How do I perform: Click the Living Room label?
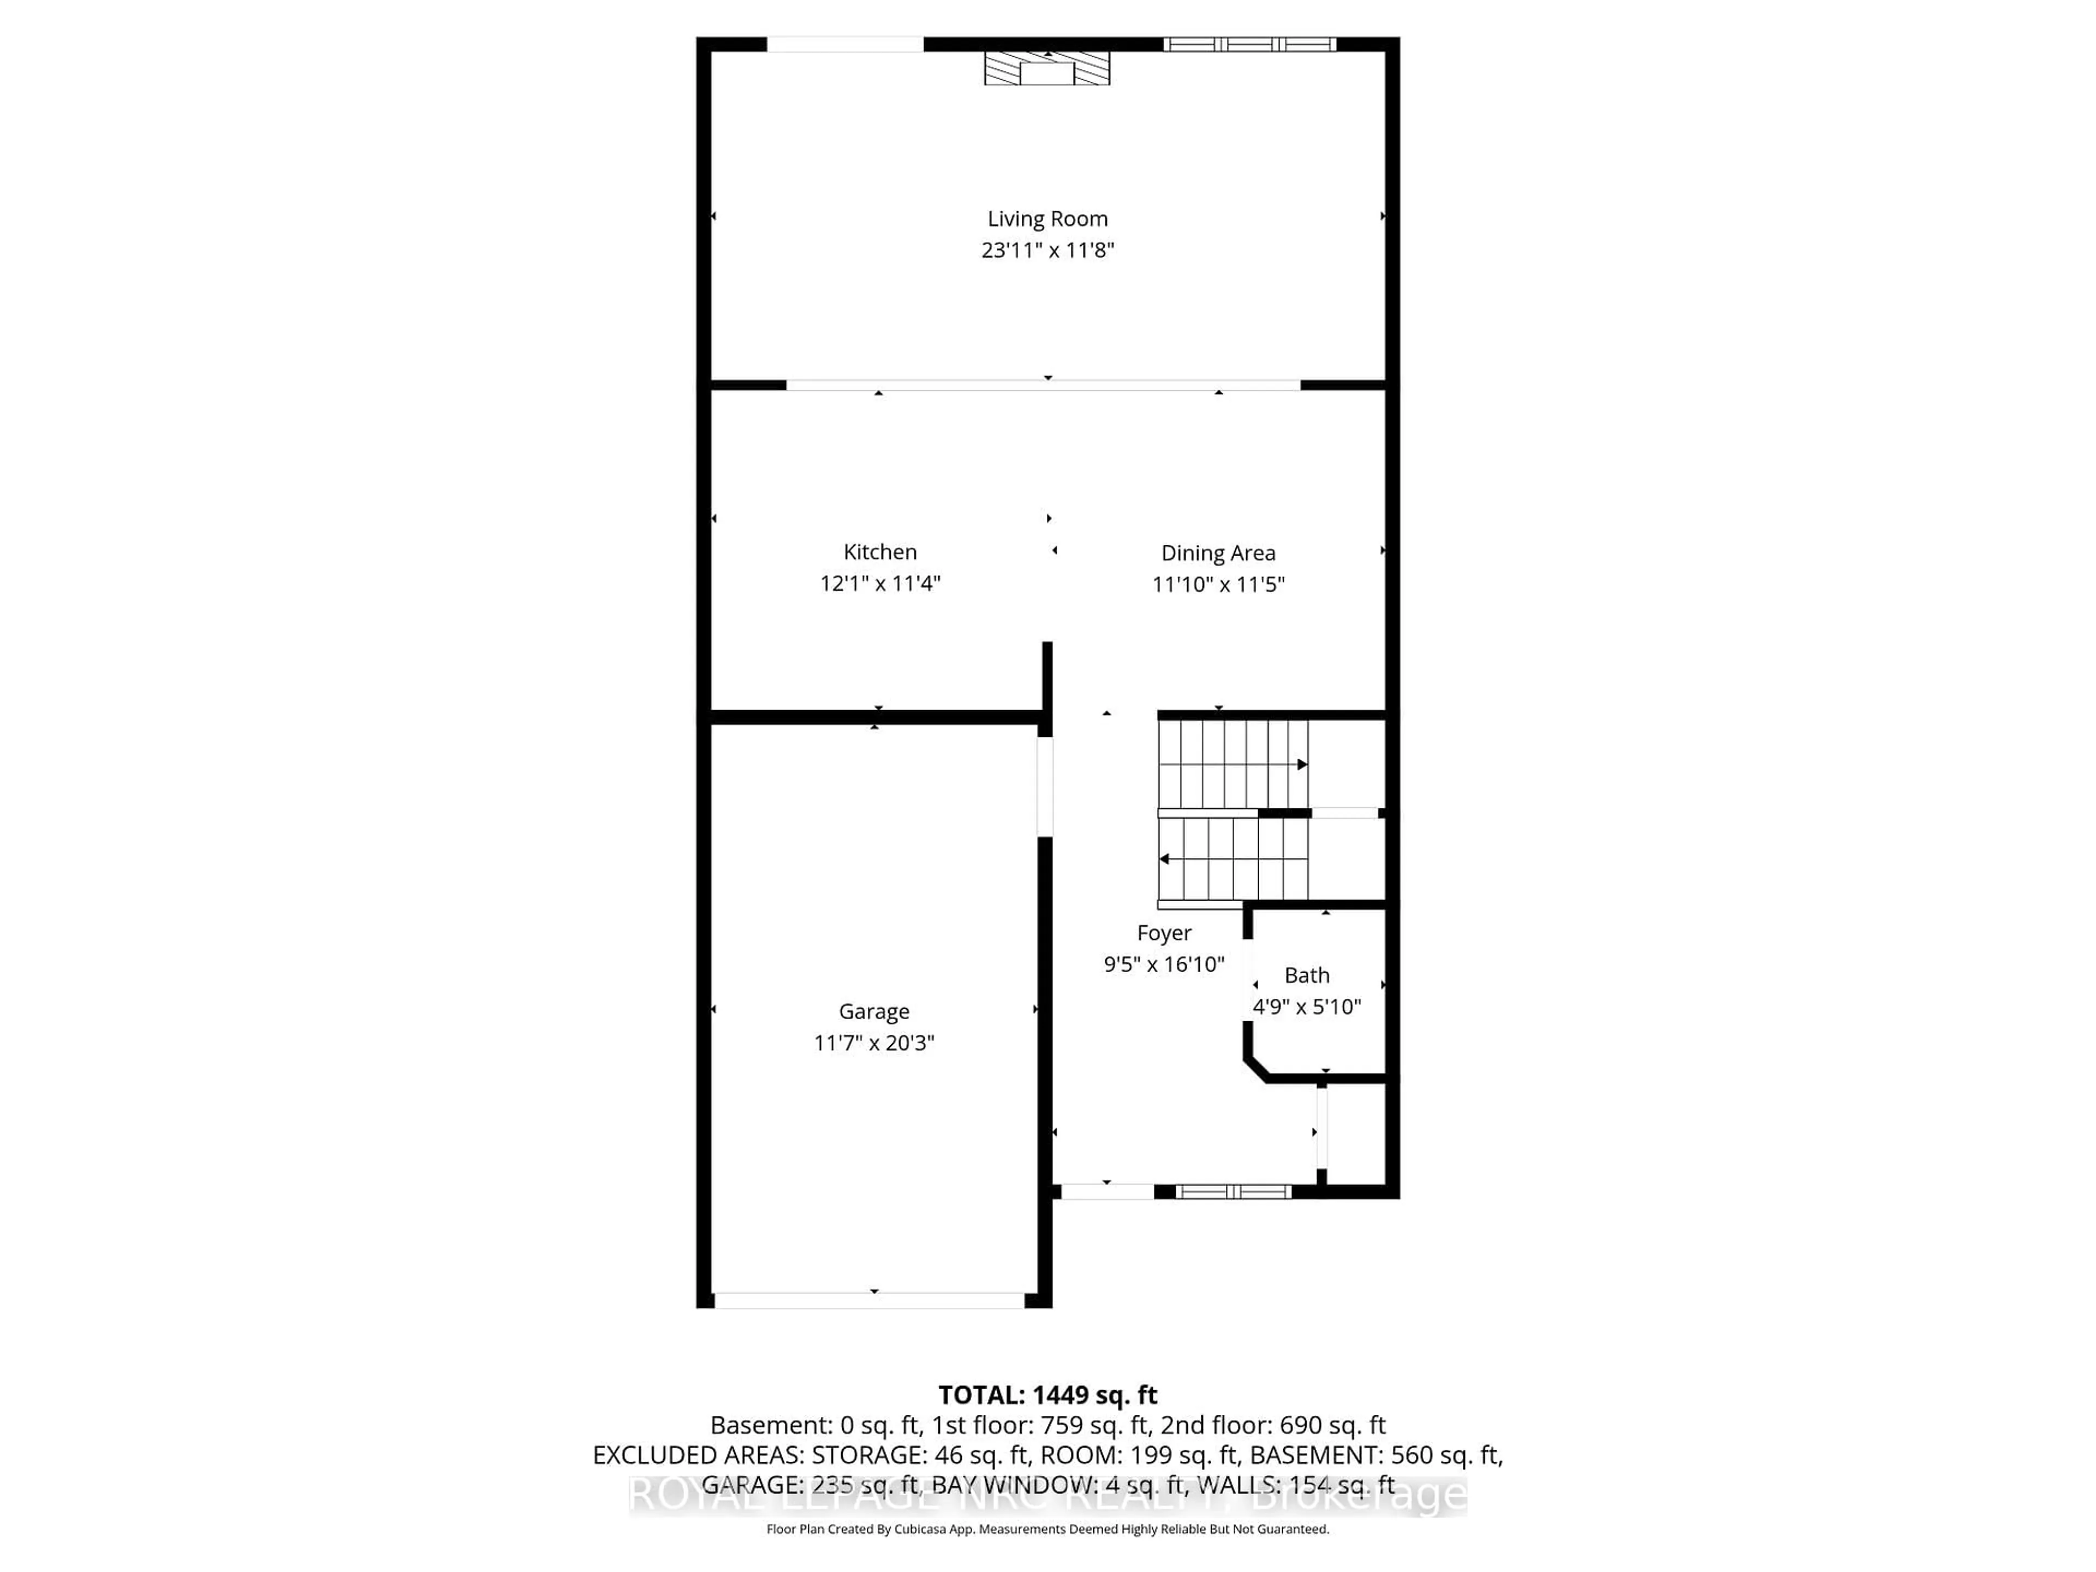[1047, 219]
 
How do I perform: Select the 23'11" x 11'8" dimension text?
[1047, 250]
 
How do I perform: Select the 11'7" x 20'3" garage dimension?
[874, 1043]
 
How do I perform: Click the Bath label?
[1307, 975]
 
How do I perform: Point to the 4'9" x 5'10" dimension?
[1307, 1007]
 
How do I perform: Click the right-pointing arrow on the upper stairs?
[1302, 764]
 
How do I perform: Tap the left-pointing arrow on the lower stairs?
[1165, 859]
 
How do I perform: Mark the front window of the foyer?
[1233, 1191]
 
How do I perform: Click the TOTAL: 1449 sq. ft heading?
[1047, 1395]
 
